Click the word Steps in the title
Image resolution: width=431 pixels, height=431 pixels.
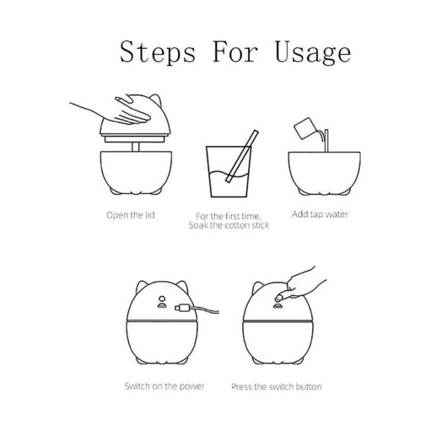pyautogui.click(x=157, y=52)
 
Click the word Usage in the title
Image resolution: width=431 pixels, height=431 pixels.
pyautogui.click(x=312, y=52)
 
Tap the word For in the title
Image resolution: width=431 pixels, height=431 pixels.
pyautogui.click(x=235, y=52)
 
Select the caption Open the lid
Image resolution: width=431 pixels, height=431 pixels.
pyautogui.click(x=131, y=215)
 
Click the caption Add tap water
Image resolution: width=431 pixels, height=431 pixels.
pyautogui.click(x=320, y=214)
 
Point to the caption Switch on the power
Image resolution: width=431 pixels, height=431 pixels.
pyautogui.click(x=164, y=386)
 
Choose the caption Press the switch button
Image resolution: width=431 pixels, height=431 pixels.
pyautogui.click(x=277, y=386)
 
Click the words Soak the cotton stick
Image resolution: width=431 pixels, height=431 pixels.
pyautogui.click(x=228, y=226)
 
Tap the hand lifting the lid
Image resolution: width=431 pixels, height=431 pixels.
pyautogui.click(x=116, y=113)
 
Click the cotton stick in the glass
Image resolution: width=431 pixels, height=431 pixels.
pyautogui.click(x=242, y=156)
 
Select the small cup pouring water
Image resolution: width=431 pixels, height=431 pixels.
pyautogui.click(x=305, y=129)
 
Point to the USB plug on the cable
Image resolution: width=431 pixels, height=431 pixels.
pyautogui.click(x=182, y=308)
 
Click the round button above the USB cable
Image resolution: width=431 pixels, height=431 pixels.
pyautogui.click(x=162, y=299)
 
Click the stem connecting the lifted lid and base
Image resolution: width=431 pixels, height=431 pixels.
pyautogui.click(x=135, y=147)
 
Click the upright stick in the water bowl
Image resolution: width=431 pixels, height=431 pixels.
pyautogui.click(x=326, y=141)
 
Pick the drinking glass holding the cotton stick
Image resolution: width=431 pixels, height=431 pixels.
pyautogui.click(x=228, y=172)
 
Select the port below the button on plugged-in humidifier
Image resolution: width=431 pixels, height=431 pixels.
pyautogui.click(x=162, y=305)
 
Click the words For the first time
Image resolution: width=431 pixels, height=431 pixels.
pyautogui.click(x=228, y=216)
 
